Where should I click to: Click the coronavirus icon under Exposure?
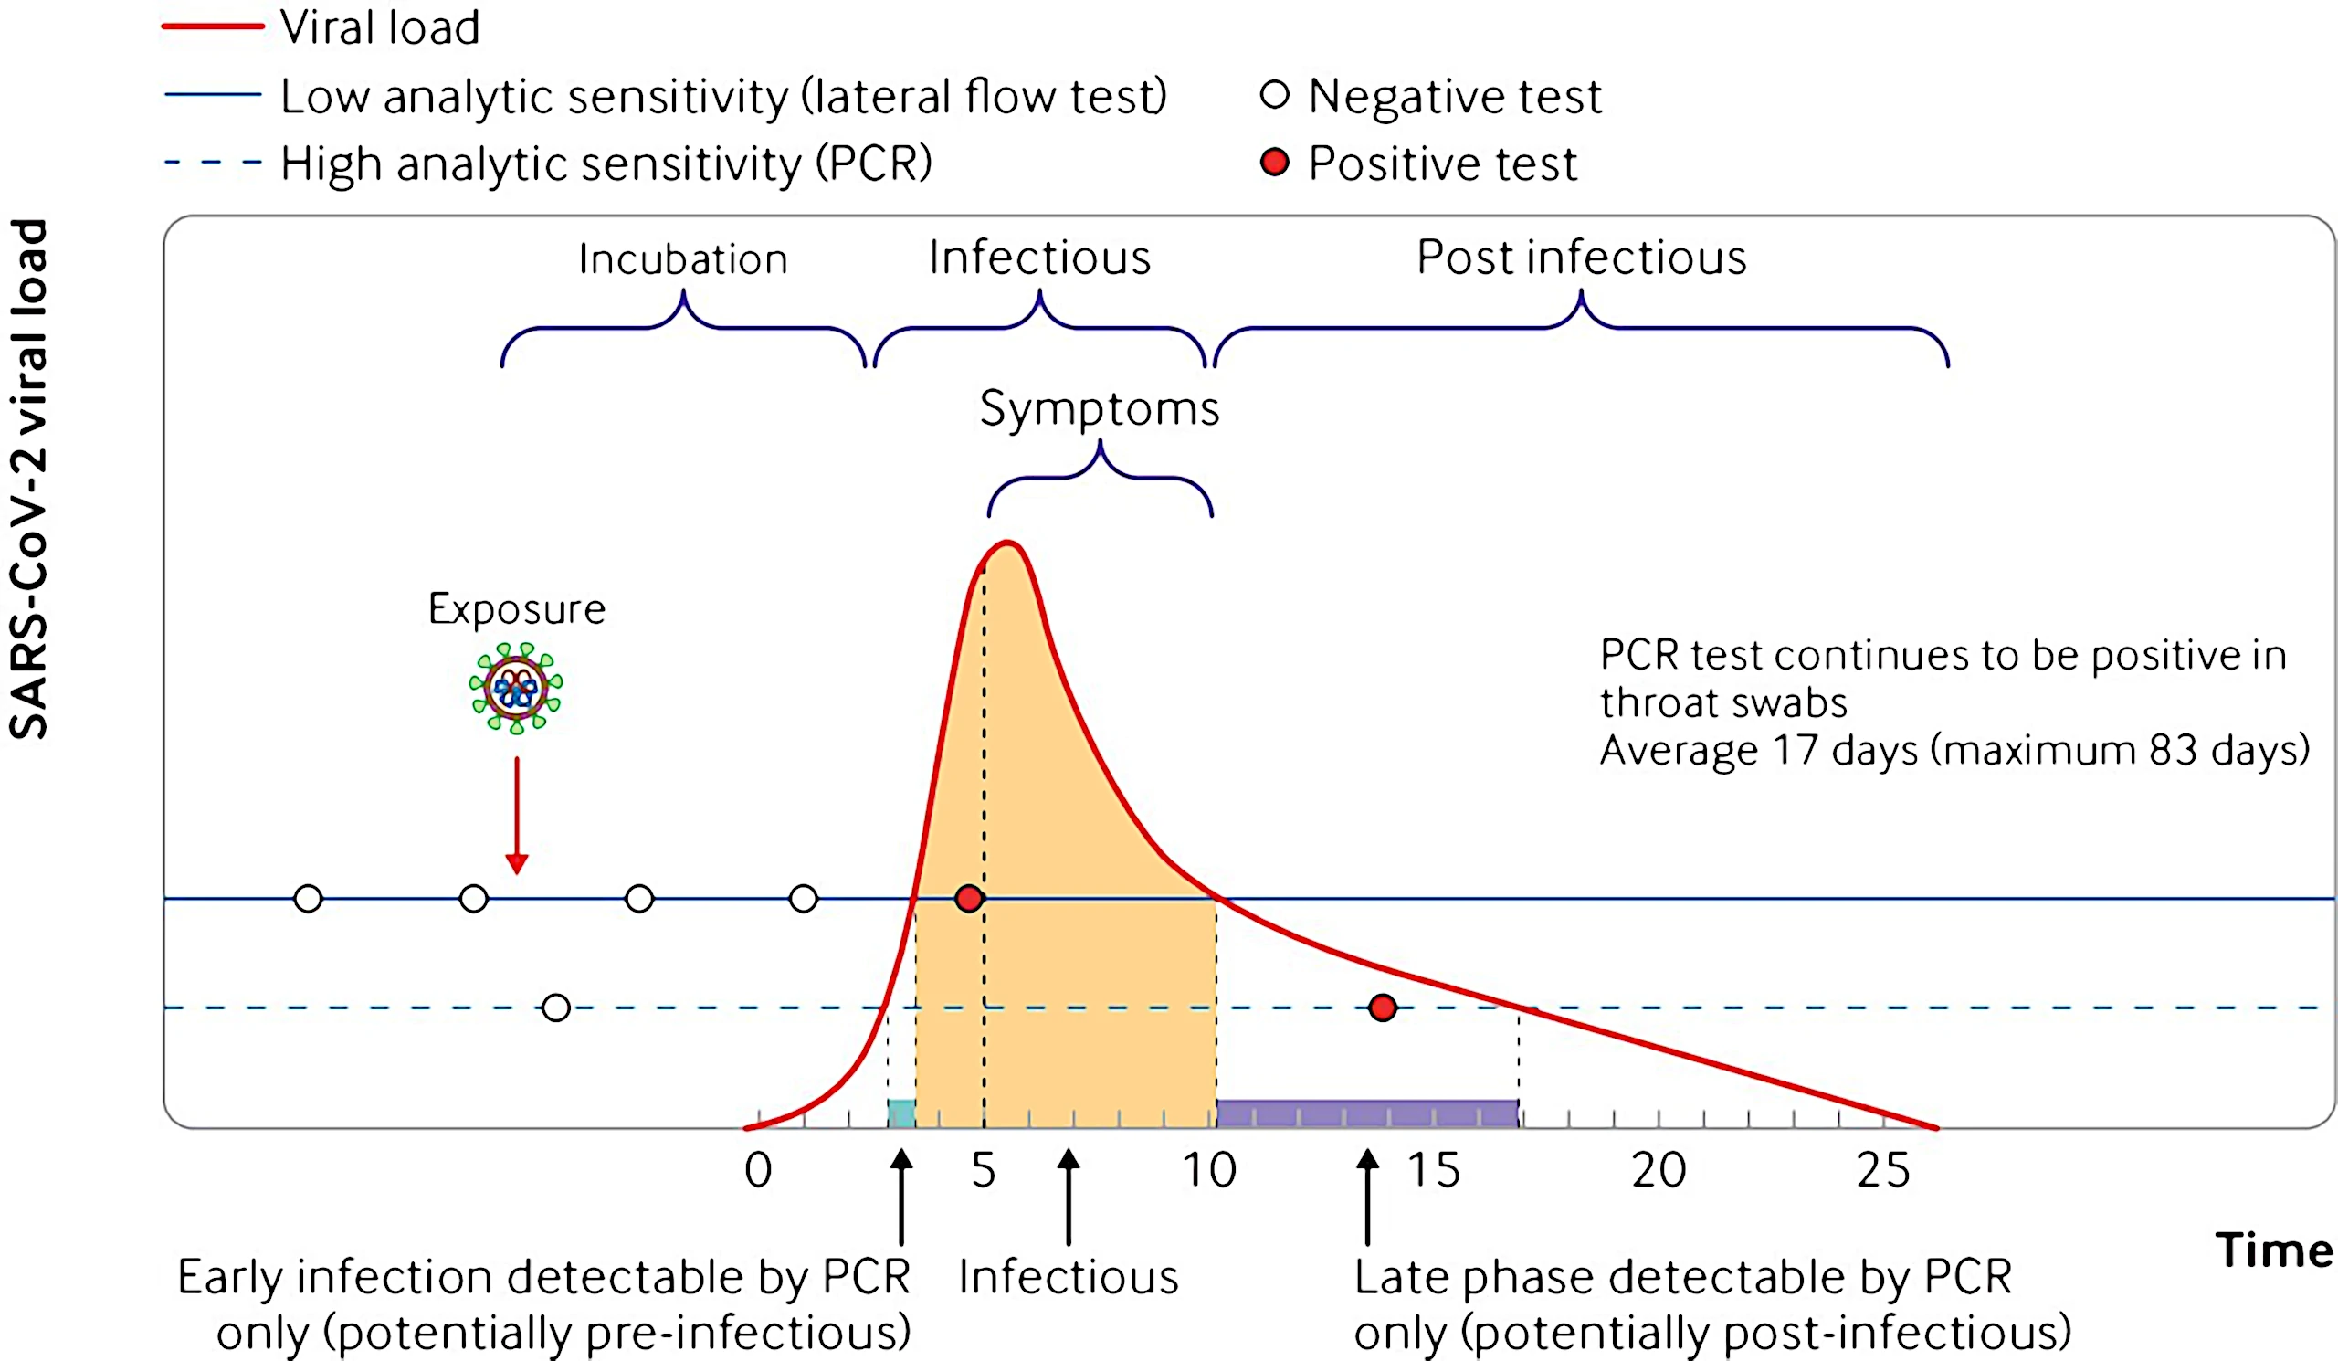tap(516, 688)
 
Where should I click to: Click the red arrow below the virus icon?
tap(517, 816)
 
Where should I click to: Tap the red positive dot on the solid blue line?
tap(969, 898)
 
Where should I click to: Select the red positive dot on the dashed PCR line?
tap(1383, 1008)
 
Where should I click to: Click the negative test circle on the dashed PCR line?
tap(556, 1008)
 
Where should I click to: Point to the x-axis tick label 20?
tap(1659, 1170)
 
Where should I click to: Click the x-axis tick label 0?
tap(758, 1170)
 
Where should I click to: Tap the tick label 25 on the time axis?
tap(1883, 1170)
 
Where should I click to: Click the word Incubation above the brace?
tap(683, 258)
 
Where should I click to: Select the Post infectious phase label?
tap(1582, 257)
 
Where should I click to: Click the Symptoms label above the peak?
tap(1100, 409)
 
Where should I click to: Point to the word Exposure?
tap(517, 608)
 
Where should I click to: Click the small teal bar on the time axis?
tap(900, 1113)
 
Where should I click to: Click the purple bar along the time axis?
tap(1367, 1113)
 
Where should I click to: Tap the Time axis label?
tap(2274, 1250)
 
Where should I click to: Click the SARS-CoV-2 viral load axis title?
tap(28, 479)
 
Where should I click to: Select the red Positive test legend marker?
tap(1275, 163)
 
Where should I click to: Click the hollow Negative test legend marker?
tap(1275, 95)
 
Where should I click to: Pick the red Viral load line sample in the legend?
tap(214, 26)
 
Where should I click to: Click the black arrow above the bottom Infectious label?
tap(1069, 1197)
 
